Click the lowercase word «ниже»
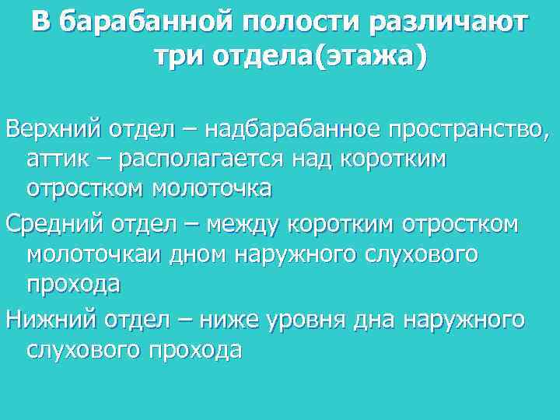[238, 319]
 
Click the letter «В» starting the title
[42, 23]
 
